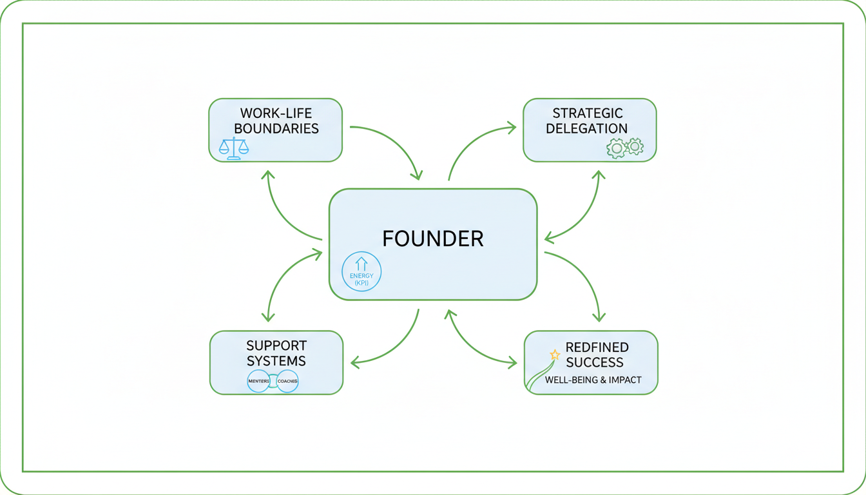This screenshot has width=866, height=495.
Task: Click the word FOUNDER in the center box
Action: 432,238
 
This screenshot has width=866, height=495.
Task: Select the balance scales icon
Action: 234,148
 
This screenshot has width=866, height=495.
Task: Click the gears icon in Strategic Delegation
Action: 625,148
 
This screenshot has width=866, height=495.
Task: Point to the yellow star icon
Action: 554,354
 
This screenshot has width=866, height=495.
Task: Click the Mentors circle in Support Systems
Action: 258,382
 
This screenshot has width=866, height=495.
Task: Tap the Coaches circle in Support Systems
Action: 287,382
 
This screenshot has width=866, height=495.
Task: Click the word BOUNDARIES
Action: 276,128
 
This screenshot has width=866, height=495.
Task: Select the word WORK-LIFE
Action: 276,113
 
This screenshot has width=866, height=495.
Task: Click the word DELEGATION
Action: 586,128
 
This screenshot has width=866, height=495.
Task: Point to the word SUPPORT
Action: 276,345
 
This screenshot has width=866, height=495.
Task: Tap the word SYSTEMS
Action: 276,360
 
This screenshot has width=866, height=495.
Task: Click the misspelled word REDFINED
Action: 597,347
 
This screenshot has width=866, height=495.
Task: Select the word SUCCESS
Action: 595,362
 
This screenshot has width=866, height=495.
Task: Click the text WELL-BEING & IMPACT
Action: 593,380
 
